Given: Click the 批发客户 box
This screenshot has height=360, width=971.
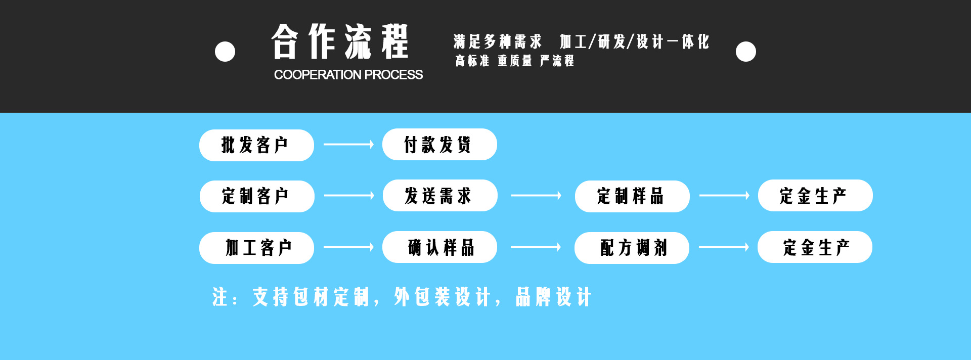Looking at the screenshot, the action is (x=256, y=145).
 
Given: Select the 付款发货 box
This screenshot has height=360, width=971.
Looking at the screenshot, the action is (x=439, y=145).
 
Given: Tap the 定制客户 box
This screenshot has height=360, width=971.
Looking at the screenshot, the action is (x=257, y=196).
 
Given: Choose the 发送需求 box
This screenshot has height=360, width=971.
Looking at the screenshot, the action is (x=440, y=196).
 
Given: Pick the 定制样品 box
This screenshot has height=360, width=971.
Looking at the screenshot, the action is (x=632, y=196).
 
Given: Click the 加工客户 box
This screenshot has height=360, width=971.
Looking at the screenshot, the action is (x=256, y=248).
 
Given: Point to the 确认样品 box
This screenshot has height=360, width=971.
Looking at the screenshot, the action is (x=439, y=247).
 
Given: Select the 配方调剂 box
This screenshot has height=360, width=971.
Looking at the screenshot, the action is (x=632, y=248).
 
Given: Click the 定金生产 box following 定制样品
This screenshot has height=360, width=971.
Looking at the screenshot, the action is (x=815, y=196).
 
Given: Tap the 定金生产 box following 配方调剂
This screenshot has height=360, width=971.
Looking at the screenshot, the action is (x=815, y=247).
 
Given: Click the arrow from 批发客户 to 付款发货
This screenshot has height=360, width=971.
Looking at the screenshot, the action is (x=348, y=145).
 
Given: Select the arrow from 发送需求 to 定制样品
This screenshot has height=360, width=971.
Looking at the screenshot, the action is (x=536, y=196).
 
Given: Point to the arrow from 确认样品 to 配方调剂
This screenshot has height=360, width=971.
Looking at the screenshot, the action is (x=536, y=247).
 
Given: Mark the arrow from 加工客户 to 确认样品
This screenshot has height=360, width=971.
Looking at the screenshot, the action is (x=348, y=247).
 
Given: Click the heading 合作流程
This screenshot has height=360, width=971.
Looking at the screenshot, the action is (x=340, y=41).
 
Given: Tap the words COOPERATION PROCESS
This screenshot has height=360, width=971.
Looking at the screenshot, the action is (x=348, y=75).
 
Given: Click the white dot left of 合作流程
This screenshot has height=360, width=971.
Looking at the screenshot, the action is (x=225, y=52).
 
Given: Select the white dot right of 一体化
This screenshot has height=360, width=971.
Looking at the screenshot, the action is (x=746, y=52).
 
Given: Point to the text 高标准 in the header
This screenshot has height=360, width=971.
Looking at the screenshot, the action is (x=472, y=61).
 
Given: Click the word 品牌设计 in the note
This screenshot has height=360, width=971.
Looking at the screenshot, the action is (x=553, y=297).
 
